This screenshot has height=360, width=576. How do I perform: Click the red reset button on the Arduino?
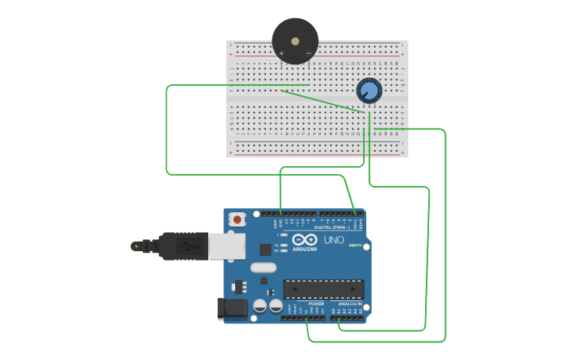pyautogui.click(x=237, y=219)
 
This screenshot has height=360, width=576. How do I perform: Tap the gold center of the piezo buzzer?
pyautogui.click(x=295, y=41)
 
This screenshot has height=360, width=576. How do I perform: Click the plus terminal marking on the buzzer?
pyautogui.click(x=281, y=53)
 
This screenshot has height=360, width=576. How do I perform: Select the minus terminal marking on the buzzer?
pyautogui.click(x=308, y=53)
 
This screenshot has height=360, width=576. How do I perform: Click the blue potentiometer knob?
pyautogui.click(x=369, y=91)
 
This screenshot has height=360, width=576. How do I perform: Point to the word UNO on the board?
pyautogui.click(x=334, y=240)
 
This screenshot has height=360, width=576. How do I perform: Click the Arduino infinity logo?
pyautogui.click(x=304, y=239)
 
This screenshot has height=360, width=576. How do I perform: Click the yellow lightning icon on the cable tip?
pyautogui.click(x=139, y=246)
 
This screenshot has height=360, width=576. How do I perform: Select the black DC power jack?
pyautogui.click(x=233, y=308)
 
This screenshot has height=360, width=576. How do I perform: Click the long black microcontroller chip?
pyautogui.click(x=323, y=290)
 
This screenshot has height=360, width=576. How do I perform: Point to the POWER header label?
pyautogui.click(x=316, y=304)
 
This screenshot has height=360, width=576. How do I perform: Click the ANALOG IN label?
pyautogui.click(x=349, y=304)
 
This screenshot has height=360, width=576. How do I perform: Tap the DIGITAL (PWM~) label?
pyautogui.click(x=331, y=227)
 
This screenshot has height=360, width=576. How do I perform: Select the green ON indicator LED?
pyautogui.click(x=352, y=246)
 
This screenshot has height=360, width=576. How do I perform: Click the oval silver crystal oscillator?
pyautogui.click(x=263, y=268)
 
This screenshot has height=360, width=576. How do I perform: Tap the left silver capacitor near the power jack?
pyautogui.click(x=260, y=305)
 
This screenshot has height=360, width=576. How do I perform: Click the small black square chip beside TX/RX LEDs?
pyautogui.click(x=265, y=250)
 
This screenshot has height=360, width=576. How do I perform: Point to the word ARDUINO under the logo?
pyautogui.click(x=304, y=250)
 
